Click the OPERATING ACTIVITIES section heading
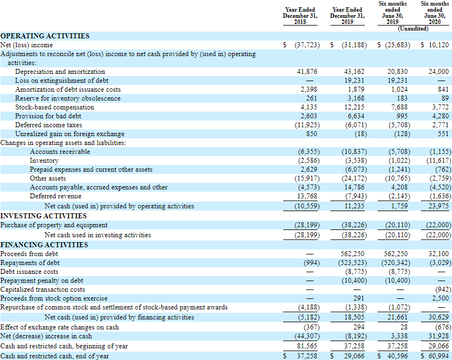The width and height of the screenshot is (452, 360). tap(45, 36)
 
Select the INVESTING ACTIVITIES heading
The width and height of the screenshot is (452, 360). tap(43, 215)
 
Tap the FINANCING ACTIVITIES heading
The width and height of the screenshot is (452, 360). tap(43, 244)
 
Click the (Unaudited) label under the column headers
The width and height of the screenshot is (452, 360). tap(414, 28)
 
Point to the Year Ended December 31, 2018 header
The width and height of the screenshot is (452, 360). tap(300, 16)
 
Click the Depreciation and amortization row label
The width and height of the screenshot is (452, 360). tap(60, 72)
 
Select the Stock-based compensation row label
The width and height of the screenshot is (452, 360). tap(54, 107)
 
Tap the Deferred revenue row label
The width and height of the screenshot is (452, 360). tap(56, 196)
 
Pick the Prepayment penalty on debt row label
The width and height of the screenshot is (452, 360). tap(42, 281)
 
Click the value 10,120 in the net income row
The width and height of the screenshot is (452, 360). tap(438, 44)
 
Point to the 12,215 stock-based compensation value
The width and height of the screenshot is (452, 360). tap(355, 107)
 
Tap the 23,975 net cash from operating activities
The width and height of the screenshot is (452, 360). tap(438, 206)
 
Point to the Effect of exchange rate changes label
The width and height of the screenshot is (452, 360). tap(59, 327)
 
